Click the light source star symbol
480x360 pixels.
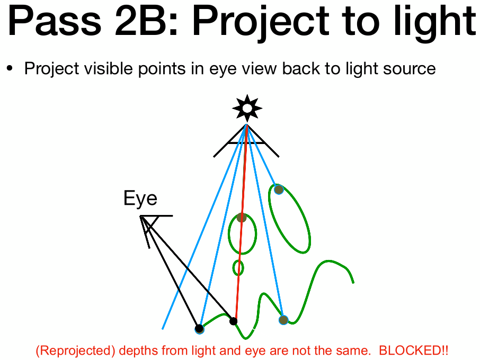coord(247,109)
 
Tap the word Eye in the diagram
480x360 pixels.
coord(140,199)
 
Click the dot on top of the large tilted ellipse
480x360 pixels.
coord(279,190)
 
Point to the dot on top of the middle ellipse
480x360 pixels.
coord(242,218)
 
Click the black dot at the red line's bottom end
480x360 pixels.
coord(233,321)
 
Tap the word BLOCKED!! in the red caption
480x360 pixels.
coord(414,350)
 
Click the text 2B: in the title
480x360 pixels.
coord(146,21)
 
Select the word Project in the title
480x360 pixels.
coord(261,23)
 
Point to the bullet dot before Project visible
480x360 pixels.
coord(10,68)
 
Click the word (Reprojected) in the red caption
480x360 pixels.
coord(75,351)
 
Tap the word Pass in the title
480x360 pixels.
coord(54,21)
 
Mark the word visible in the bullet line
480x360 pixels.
coord(109,68)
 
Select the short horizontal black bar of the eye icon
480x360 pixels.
coord(156,216)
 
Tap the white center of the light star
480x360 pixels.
coord(247,109)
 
